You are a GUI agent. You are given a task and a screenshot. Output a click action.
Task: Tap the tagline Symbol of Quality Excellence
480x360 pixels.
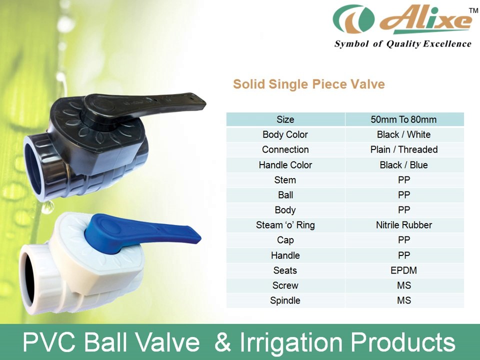pyautogui.click(x=402, y=44)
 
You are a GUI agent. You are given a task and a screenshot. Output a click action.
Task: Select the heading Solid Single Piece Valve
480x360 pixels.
pyautogui.click(x=308, y=84)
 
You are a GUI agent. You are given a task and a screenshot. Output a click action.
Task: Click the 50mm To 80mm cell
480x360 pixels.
pyautogui.click(x=403, y=119)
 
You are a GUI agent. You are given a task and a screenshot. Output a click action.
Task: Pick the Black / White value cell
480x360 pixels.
pyautogui.click(x=403, y=134)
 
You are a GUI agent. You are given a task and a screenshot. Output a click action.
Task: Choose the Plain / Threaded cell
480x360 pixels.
pyautogui.click(x=403, y=149)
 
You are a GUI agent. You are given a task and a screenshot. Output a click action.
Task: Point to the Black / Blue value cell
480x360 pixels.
pyautogui.click(x=403, y=165)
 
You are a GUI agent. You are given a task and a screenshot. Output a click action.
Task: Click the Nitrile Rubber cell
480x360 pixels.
pyautogui.click(x=403, y=225)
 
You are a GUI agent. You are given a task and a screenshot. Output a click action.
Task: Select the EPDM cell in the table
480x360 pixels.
pyautogui.click(x=403, y=270)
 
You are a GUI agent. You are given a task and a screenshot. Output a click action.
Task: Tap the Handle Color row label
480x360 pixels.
pyautogui.click(x=285, y=165)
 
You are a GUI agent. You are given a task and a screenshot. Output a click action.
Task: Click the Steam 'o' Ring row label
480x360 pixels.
pyautogui.click(x=285, y=225)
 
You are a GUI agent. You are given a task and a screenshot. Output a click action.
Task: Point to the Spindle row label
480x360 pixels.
pyautogui.click(x=285, y=300)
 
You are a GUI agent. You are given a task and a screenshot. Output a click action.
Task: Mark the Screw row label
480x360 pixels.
pyautogui.click(x=285, y=285)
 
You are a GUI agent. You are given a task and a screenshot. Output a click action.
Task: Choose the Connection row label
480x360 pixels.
pyautogui.click(x=285, y=149)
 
